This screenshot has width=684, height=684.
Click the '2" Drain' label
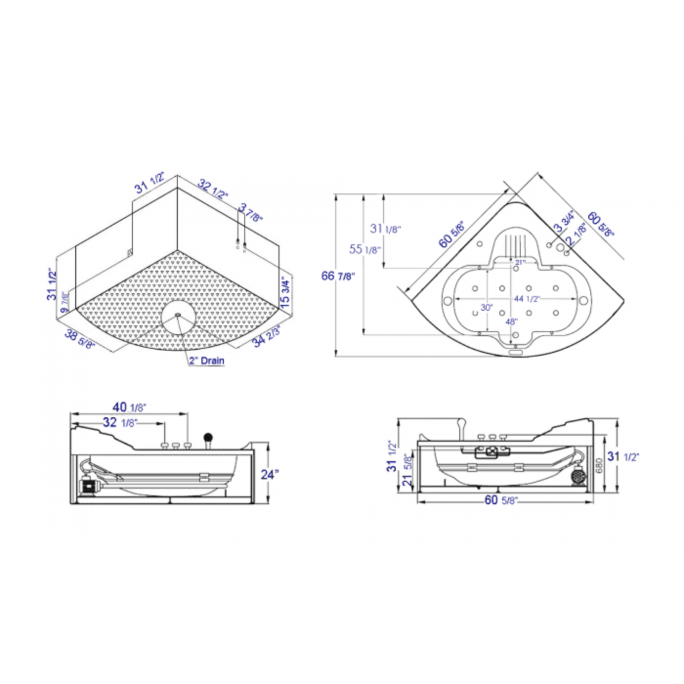coord(207,361)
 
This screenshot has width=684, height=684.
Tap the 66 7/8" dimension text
coord(338,276)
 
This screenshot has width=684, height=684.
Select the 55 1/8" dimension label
coord(364,250)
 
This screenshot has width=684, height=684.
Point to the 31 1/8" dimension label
coord(385,229)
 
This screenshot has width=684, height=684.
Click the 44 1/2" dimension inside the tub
coord(527,299)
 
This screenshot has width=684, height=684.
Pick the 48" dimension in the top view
coord(511,322)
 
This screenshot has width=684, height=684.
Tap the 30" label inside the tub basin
coord(486,308)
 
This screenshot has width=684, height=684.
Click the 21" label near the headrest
coord(520,262)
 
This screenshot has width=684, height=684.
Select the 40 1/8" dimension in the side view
coord(129,407)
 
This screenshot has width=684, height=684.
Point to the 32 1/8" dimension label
coord(120,423)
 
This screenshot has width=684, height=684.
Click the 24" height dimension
coord(269,474)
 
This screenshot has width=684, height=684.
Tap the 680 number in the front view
coord(599,465)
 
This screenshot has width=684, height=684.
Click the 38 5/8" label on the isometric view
coord(80,340)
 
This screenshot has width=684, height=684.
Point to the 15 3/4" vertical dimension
coord(285,292)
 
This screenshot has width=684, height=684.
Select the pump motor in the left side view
coord(88,486)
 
